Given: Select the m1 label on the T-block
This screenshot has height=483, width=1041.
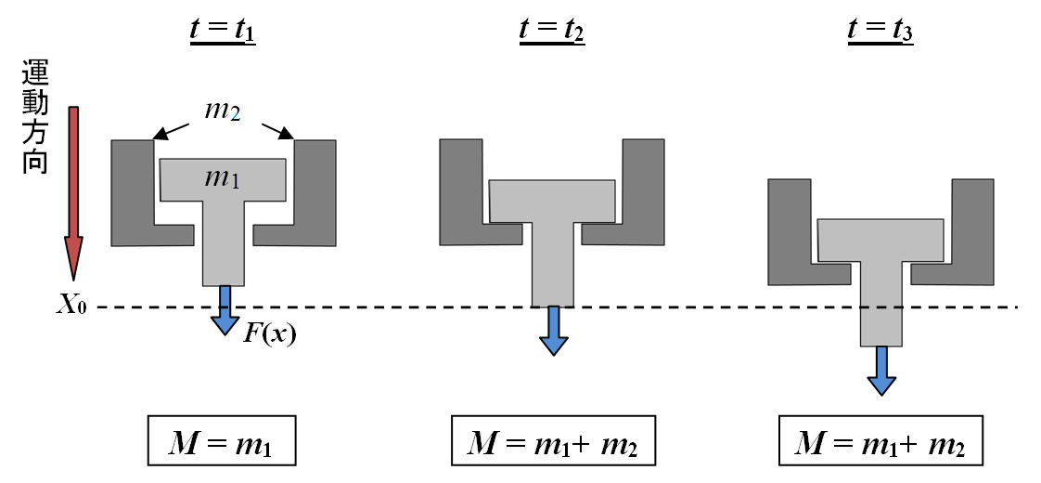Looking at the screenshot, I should (x=223, y=178).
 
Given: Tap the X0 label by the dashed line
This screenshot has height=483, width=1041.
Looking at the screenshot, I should (x=72, y=307).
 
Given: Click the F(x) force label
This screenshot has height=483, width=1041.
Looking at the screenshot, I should (x=270, y=333).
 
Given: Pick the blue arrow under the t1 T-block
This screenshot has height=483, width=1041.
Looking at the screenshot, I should (x=224, y=310).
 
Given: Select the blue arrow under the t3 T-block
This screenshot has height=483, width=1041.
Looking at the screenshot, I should (x=881, y=370).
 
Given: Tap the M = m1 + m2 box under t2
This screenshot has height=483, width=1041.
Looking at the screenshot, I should (x=553, y=442).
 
